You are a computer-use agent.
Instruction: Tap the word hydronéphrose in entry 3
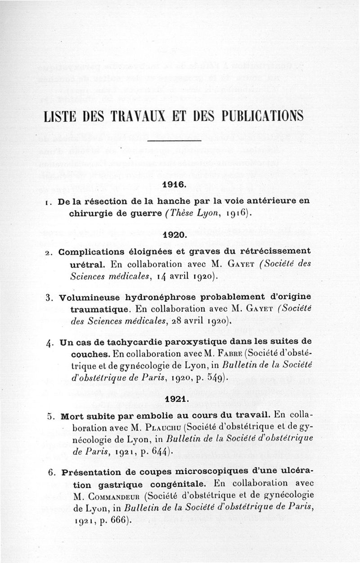point(161,297)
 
